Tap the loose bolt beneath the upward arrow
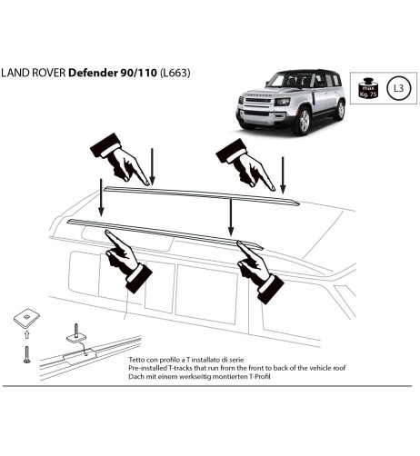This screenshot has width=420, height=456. (26, 354)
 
